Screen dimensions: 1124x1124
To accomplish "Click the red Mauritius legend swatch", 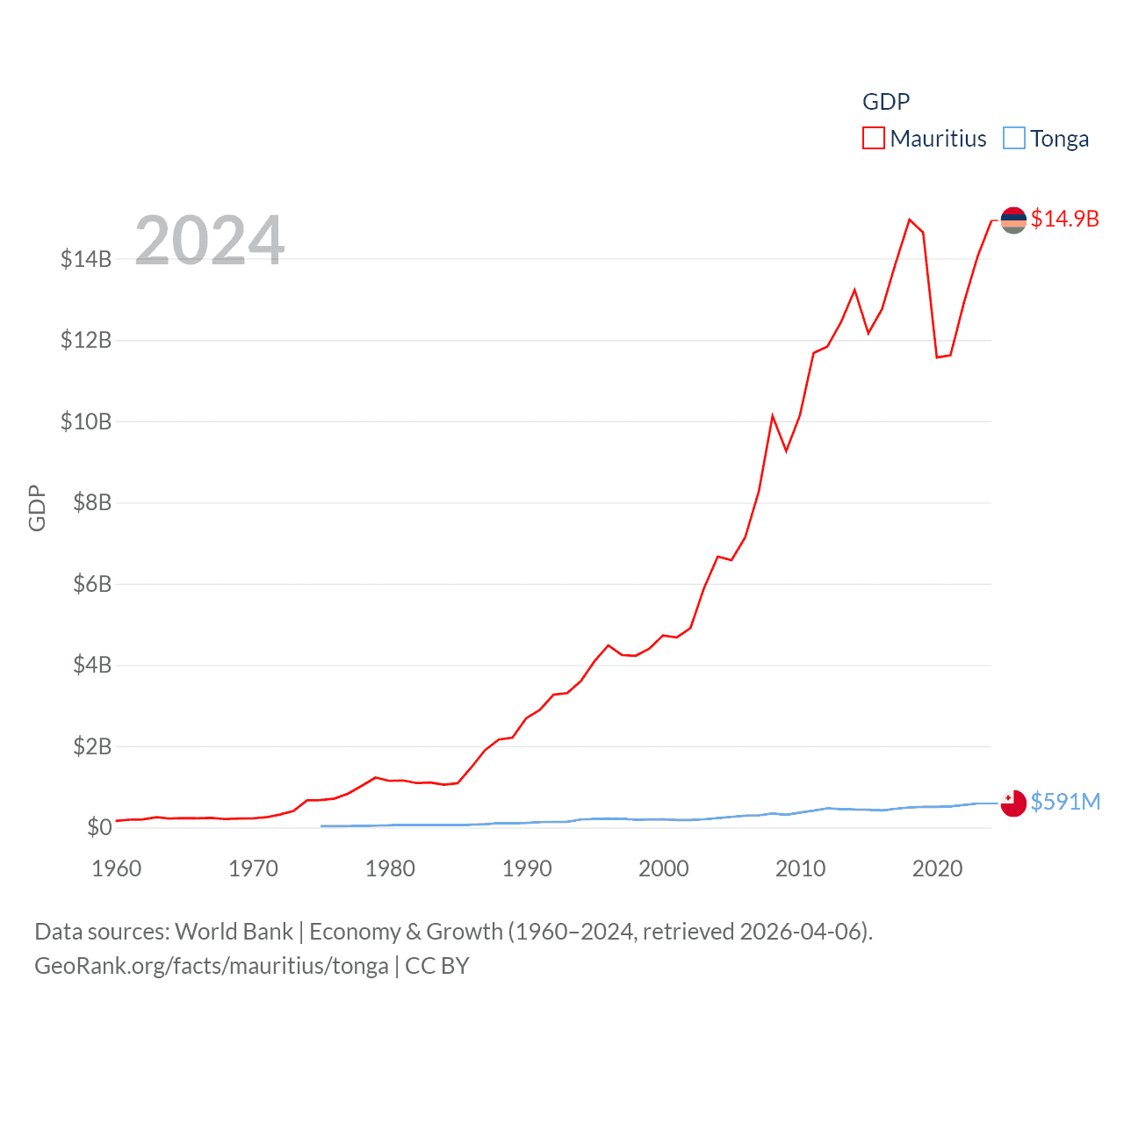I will click(x=873, y=139).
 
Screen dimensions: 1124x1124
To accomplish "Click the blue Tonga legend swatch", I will click(x=1013, y=139).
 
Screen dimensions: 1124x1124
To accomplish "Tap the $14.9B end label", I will click(x=1064, y=219).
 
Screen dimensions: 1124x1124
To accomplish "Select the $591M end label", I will click(x=1065, y=802).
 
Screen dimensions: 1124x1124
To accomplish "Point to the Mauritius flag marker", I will click(x=1013, y=220).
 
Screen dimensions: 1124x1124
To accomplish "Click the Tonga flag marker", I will click(x=1013, y=803).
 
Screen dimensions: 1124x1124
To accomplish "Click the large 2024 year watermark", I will click(x=209, y=240).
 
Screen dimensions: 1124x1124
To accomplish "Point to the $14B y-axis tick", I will click(x=86, y=259).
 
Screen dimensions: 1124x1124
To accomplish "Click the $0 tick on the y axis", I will click(x=99, y=827).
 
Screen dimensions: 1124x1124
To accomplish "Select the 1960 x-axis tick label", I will click(x=117, y=868).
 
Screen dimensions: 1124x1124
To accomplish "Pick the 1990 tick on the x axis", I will click(x=527, y=868).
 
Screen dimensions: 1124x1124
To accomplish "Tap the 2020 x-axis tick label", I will click(x=937, y=868).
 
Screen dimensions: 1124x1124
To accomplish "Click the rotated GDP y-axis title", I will click(x=37, y=508).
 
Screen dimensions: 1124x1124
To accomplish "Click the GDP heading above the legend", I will click(x=886, y=102).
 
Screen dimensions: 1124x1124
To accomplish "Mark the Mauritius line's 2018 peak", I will click(x=910, y=220).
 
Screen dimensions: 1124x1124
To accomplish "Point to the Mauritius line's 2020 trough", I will click(x=937, y=357).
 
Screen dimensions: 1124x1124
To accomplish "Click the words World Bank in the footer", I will click(x=234, y=931).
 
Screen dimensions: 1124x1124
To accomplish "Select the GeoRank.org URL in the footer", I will click(x=212, y=966).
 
